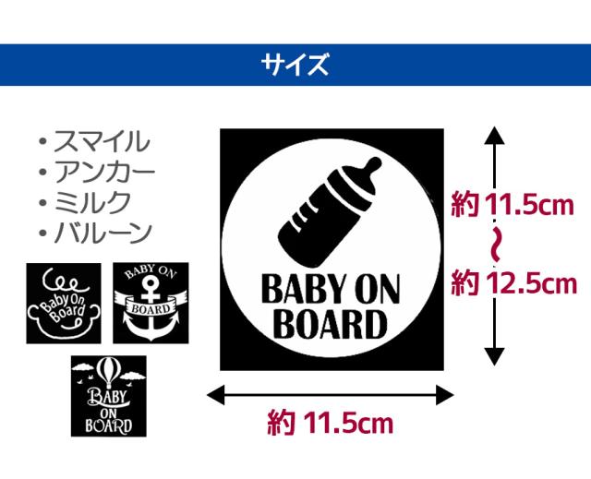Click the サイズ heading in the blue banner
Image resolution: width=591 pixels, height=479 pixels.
[295, 65]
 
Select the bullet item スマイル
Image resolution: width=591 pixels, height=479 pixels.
[99, 142]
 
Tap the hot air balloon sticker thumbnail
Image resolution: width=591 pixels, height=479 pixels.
[108, 396]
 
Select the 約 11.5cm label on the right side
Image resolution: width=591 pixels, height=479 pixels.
[513, 205]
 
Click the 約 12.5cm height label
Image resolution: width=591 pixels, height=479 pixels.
[513, 281]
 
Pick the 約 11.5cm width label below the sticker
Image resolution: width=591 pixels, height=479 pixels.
[330, 424]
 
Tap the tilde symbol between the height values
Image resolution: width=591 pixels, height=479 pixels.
[496, 244]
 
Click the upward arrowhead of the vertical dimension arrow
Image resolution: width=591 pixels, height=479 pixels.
[496, 136]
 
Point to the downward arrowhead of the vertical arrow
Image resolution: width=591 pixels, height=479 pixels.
[496, 358]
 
